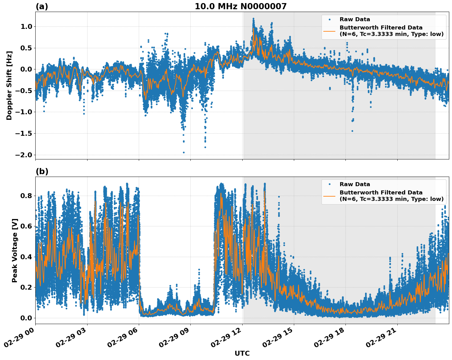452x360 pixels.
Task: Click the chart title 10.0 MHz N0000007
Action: [240, 6]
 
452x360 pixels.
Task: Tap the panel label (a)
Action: [42, 6]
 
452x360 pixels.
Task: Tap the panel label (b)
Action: [42, 171]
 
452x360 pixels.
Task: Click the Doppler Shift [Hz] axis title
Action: [9, 85]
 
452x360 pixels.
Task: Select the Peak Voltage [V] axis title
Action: [14, 250]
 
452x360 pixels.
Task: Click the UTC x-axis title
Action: [242, 353]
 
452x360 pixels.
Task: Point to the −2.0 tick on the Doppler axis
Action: [24, 155]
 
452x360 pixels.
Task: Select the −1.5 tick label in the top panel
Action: [24, 134]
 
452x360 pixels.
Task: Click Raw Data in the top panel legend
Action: [355, 19]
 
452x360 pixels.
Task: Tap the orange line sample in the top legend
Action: [329, 31]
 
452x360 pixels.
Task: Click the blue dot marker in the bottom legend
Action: [329, 184]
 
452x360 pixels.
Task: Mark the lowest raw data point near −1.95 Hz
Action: [184, 152]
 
